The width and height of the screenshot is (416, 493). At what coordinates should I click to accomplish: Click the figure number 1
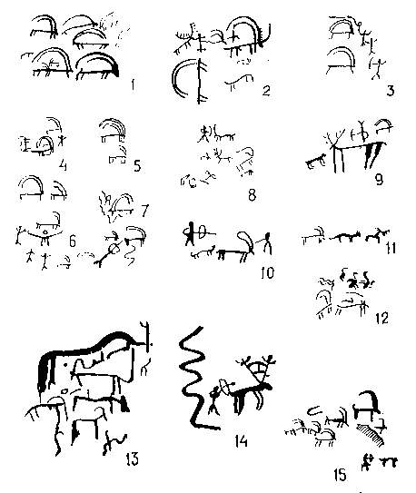(x=133, y=84)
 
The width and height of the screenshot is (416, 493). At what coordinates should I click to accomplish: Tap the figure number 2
(x=266, y=91)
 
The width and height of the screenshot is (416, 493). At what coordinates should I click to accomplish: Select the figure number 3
(x=390, y=91)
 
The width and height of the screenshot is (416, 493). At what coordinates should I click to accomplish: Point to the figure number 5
(x=137, y=166)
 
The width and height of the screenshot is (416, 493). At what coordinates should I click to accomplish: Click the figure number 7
(x=144, y=210)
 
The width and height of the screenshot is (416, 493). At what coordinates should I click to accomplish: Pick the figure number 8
(x=252, y=195)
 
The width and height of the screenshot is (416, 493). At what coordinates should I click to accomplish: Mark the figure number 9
(x=379, y=179)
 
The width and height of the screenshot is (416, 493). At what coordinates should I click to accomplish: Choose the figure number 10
(x=268, y=272)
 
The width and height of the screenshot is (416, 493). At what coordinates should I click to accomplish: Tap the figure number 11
(x=391, y=248)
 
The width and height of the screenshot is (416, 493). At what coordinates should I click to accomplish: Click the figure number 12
(x=382, y=318)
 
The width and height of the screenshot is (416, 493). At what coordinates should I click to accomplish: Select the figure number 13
(x=133, y=458)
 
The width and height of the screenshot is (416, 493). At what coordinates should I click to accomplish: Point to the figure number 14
(x=242, y=441)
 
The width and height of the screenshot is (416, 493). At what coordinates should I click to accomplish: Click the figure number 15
(x=340, y=474)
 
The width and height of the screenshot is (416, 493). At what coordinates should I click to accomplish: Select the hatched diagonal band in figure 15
(x=371, y=433)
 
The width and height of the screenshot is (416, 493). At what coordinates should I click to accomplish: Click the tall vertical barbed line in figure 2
(x=199, y=81)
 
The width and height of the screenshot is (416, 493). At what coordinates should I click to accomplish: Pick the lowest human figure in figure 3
(x=377, y=68)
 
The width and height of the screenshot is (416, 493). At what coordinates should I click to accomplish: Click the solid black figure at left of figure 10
(x=190, y=234)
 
